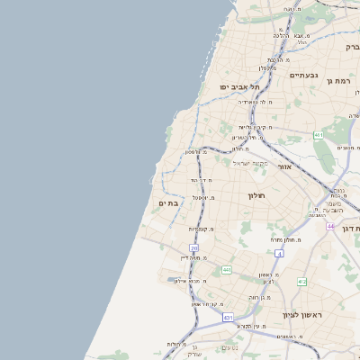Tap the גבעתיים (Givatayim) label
pos(306,76)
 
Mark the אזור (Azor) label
pos(285,167)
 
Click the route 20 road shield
pos(193,248)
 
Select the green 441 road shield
pos(226,270)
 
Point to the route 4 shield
pos(279,254)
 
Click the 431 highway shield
pos(228,318)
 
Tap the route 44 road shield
pos(330,226)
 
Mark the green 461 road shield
pos(319,135)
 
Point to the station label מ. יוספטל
pos(202,197)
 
